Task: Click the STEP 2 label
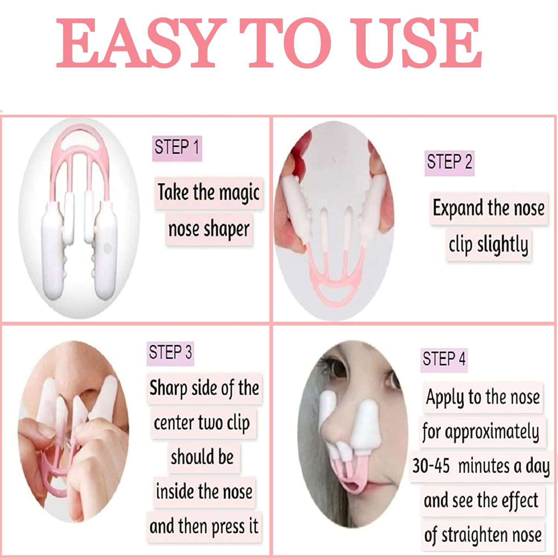(x=449, y=163)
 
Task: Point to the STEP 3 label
(x=170, y=352)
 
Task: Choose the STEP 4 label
(x=444, y=359)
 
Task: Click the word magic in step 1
(x=239, y=193)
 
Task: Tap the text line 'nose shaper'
(x=209, y=229)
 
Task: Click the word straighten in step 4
(x=484, y=535)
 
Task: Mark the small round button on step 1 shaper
(x=108, y=247)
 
